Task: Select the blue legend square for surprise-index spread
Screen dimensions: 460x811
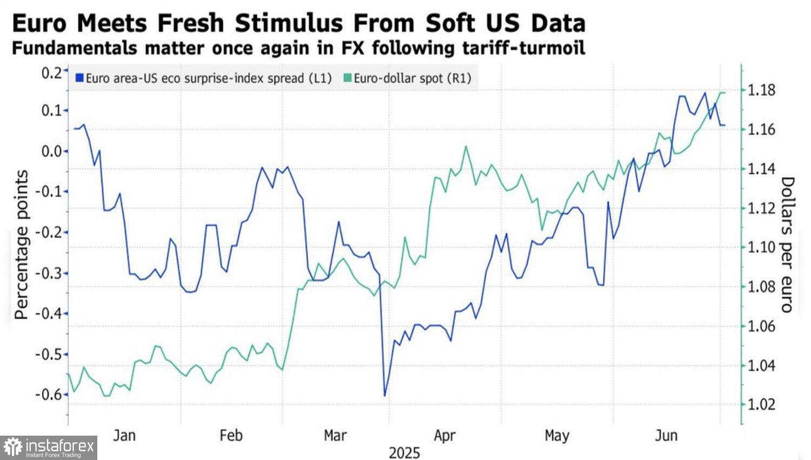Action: (x=79, y=78)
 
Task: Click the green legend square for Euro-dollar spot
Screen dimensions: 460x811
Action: (x=348, y=78)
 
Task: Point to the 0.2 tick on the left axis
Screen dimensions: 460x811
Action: (x=52, y=73)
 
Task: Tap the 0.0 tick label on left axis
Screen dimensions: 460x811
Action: (x=52, y=151)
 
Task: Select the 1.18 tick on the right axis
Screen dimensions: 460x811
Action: (x=761, y=90)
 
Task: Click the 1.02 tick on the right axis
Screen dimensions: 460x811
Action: (x=761, y=404)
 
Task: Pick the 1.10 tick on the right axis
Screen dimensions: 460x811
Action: (x=761, y=247)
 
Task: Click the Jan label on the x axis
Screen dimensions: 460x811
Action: (x=124, y=436)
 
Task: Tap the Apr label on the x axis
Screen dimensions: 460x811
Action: (x=444, y=436)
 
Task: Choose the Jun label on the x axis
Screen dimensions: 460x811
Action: (x=666, y=436)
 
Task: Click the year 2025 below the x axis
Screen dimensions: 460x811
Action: (x=404, y=452)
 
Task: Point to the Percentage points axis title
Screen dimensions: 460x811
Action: (x=21, y=245)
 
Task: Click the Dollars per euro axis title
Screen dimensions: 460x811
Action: (x=787, y=245)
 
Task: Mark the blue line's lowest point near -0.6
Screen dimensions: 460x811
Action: (x=385, y=396)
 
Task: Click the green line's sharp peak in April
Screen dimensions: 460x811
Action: (x=466, y=146)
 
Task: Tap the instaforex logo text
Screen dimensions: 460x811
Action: (x=59, y=446)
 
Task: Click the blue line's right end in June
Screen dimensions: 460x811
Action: (x=724, y=125)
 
